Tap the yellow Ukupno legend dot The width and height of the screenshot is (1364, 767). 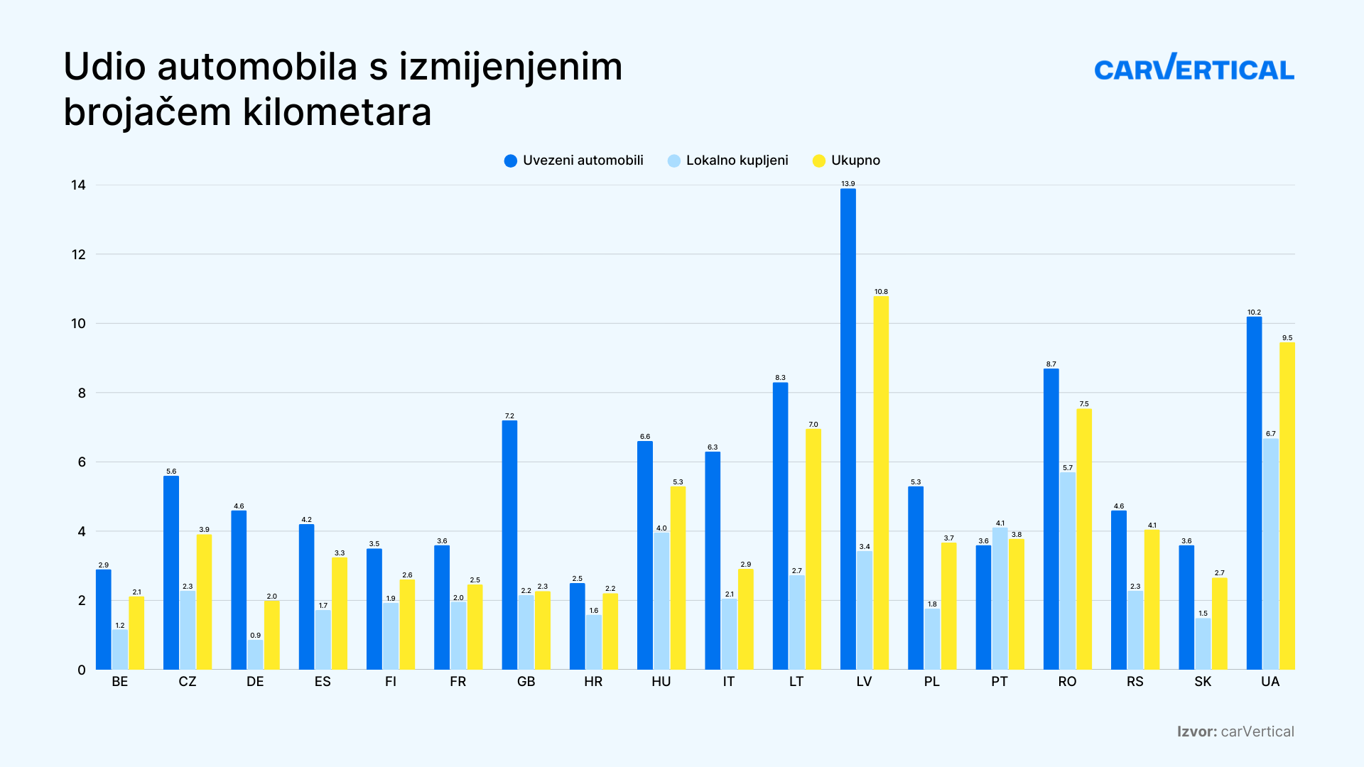[x=819, y=161]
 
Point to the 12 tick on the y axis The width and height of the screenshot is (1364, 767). [x=78, y=254]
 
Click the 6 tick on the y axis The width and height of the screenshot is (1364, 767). [x=81, y=462]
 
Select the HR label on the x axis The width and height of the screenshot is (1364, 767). [x=593, y=682]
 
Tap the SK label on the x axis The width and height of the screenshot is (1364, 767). [x=1203, y=682]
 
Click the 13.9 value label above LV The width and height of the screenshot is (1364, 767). [x=848, y=184]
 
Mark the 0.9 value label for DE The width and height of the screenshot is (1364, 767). [x=255, y=636]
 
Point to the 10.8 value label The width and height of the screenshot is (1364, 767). [x=881, y=292]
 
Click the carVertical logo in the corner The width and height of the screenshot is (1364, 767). [x=1193, y=68]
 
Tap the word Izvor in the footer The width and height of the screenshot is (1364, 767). [x=1196, y=731]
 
